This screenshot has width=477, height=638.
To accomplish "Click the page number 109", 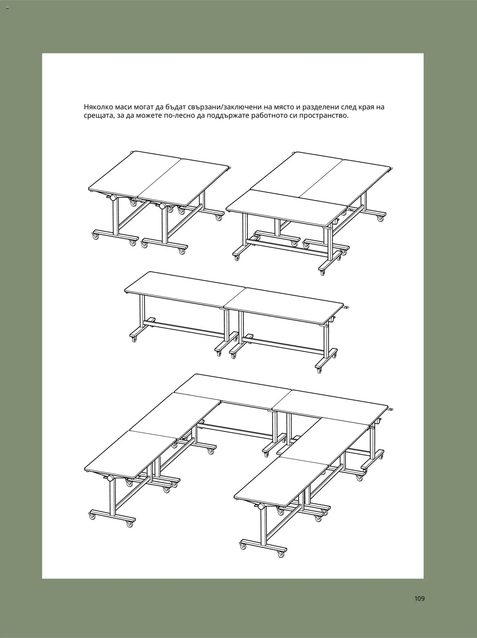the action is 419,598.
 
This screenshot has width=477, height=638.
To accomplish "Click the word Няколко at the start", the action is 98,107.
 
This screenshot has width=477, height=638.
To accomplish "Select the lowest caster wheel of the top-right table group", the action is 322,273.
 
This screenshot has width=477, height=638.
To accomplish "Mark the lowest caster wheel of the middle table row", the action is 319,371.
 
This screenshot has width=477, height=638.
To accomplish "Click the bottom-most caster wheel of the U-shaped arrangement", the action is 281,554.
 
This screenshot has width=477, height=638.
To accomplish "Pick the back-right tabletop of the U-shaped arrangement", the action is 330,401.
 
